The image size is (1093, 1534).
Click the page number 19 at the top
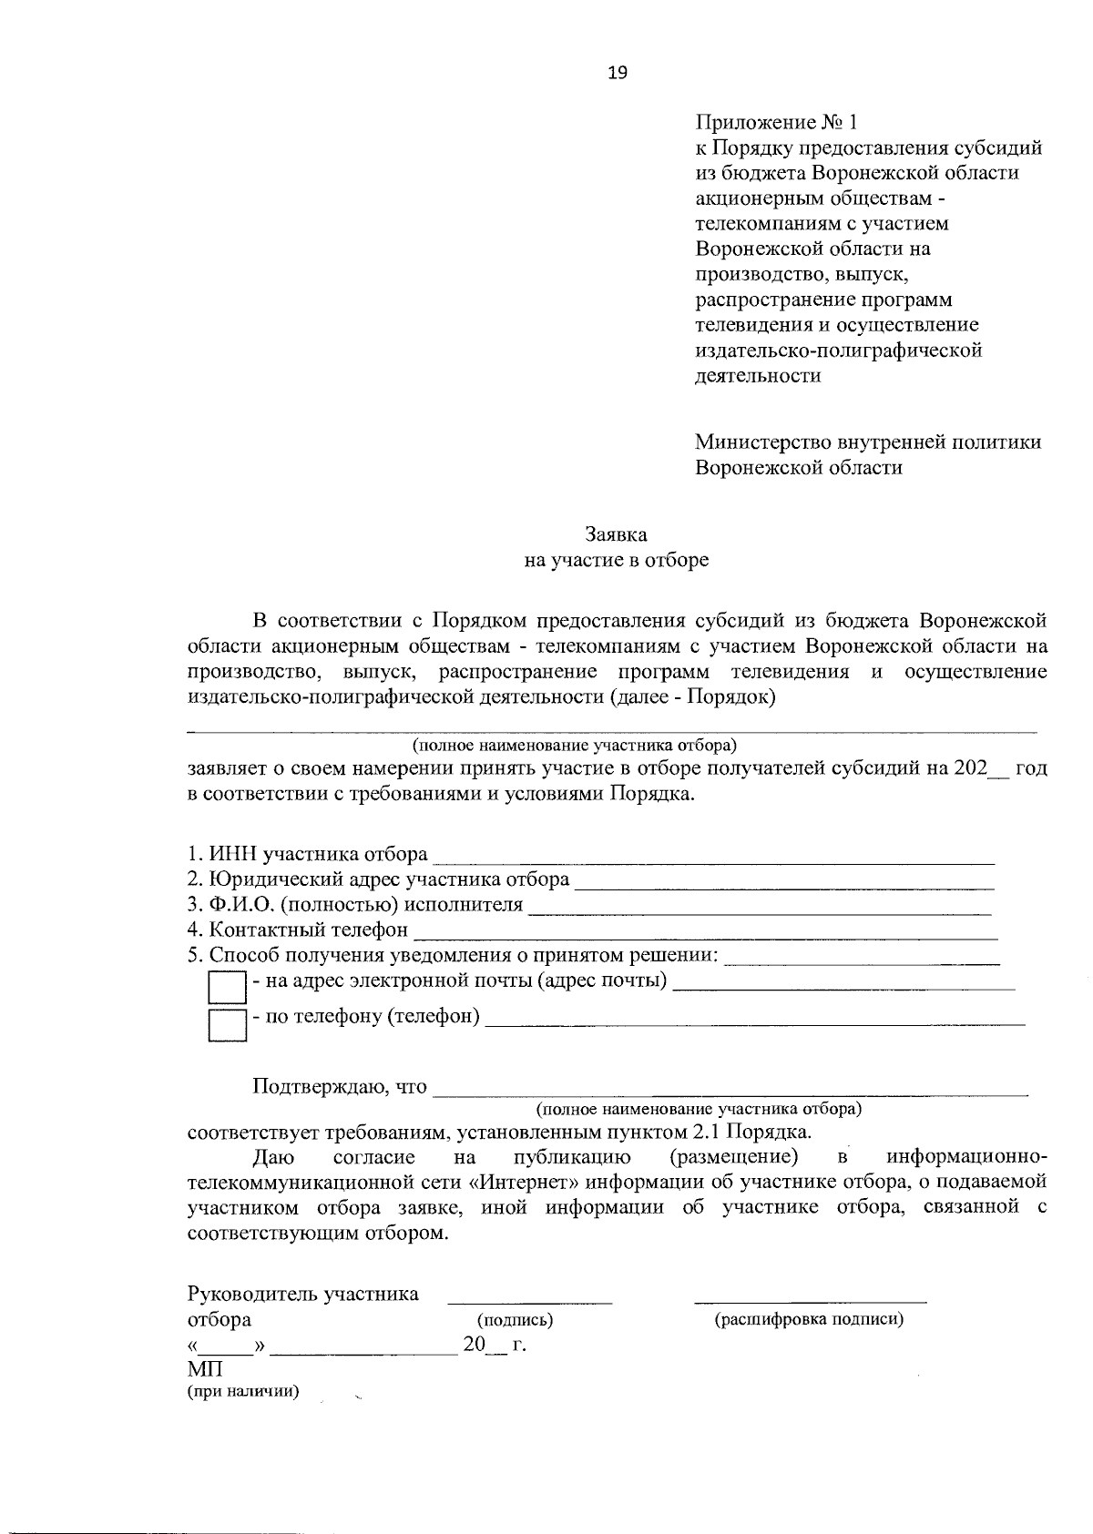[x=618, y=74]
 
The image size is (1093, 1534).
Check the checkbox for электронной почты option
[x=227, y=988]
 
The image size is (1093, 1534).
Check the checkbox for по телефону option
[x=227, y=1024]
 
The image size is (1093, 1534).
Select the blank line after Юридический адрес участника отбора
[x=784, y=881]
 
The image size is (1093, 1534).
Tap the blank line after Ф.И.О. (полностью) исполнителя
[x=760, y=907]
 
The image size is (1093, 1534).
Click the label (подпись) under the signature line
[x=515, y=1319]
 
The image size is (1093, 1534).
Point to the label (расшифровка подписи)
[x=809, y=1319]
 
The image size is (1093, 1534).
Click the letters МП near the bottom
[x=205, y=1369]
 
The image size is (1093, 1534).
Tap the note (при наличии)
[x=243, y=1391]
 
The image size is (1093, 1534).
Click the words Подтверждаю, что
[x=339, y=1086]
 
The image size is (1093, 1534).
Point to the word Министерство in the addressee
[x=761, y=442]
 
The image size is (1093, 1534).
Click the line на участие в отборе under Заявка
[x=616, y=560]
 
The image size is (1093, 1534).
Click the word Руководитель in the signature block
[x=252, y=1294]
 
